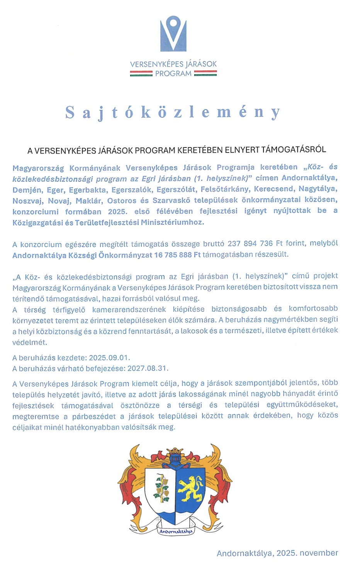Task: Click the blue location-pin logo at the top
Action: tap(173, 34)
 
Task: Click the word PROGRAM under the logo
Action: tap(173, 74)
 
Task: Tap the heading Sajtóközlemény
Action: tap(173, 112)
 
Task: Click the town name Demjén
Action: tap(27, 190)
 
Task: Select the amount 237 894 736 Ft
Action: tap(255, 244)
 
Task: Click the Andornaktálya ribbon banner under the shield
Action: tap(175, 532)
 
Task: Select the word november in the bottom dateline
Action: tap(319, 553)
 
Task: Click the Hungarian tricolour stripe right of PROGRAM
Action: tap(205, 73)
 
